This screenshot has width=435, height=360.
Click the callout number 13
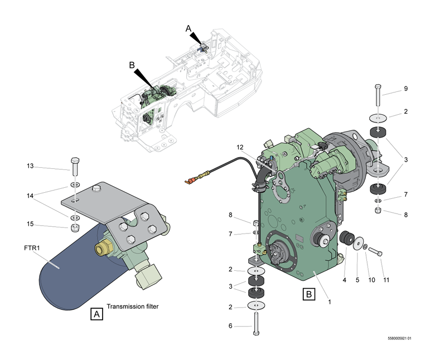[31, 166]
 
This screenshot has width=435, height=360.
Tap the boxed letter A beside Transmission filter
[97, 314]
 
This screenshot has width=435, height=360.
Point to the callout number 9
[406, 88]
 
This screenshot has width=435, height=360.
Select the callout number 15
[31, 225]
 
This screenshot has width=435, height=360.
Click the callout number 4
[345, 280]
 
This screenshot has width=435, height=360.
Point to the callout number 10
[371, 280]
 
